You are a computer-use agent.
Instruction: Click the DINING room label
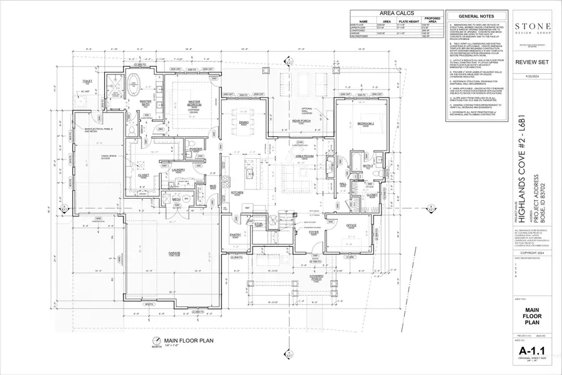coord(244,123)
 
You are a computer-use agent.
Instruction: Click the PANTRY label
coord(235,236)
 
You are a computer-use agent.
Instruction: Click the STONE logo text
coord(533,26)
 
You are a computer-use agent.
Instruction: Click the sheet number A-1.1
coord(533,352)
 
